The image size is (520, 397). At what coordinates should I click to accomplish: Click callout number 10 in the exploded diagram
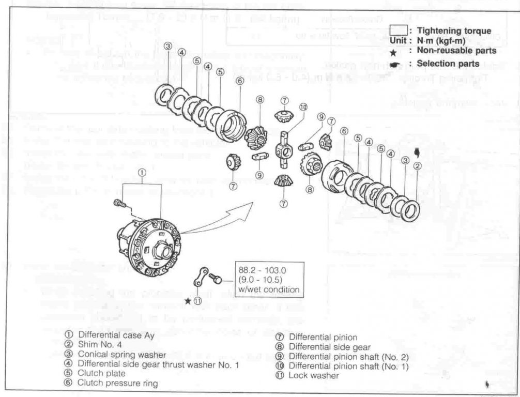click(x=303, y=107)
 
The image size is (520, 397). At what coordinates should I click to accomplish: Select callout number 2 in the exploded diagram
click(x=418, y=166)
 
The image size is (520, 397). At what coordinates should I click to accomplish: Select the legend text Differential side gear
click(x=330, y=346)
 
